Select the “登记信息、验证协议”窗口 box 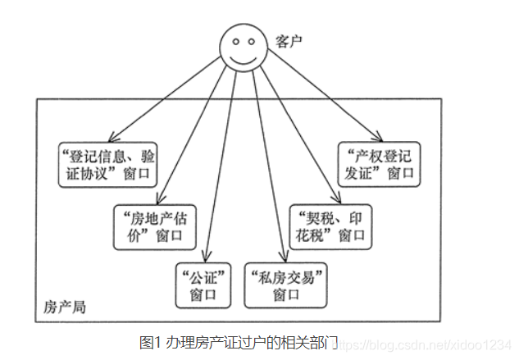[107, 164]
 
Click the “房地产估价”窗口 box [154, 227]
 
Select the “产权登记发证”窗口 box [378, 164]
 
